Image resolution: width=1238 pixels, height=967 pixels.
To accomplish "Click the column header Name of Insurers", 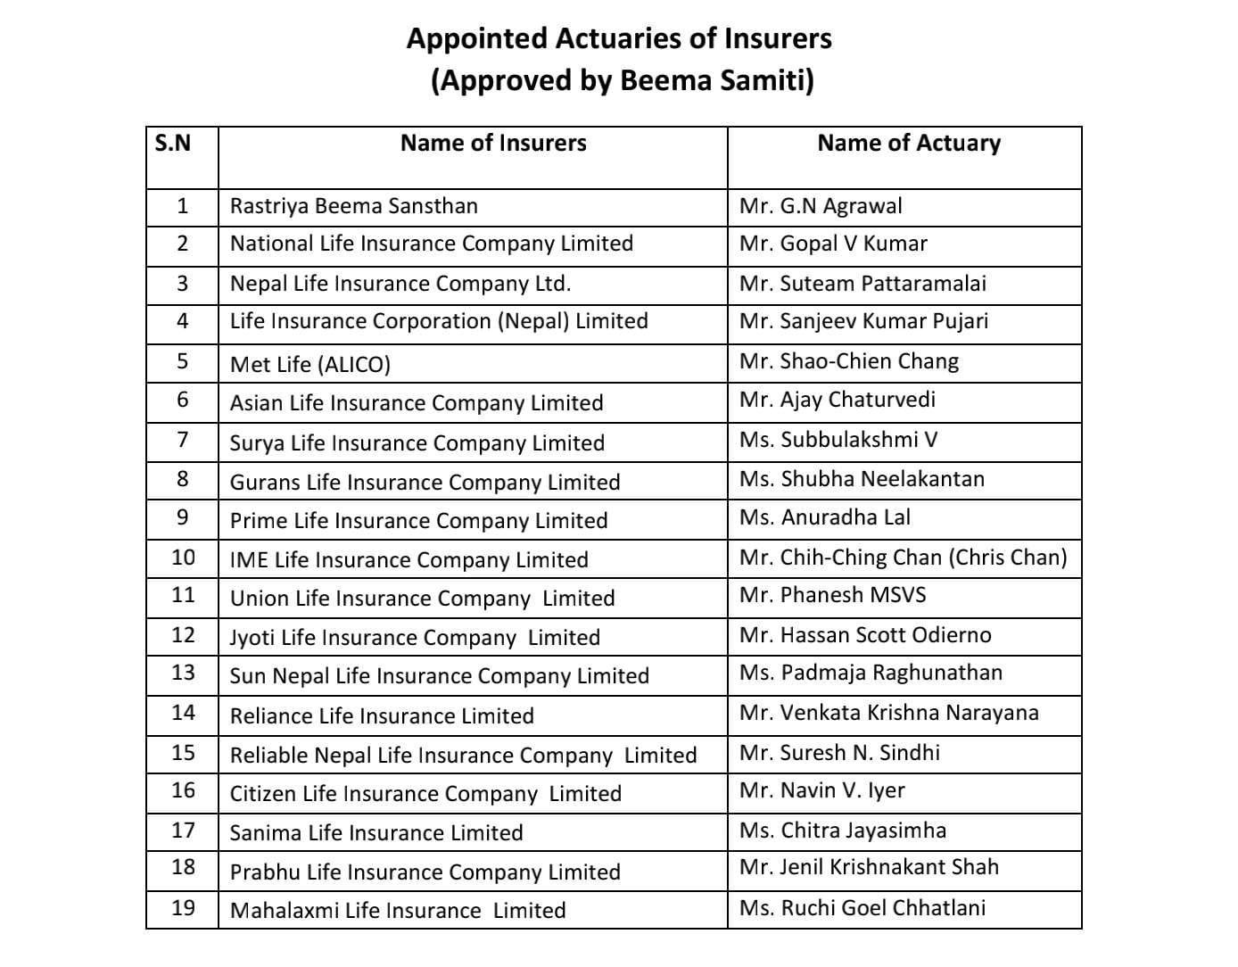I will (x=493, y=144).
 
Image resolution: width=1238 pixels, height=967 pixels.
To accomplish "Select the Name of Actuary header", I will (x=909, y=144).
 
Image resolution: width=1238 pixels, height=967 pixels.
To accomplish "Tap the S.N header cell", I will (x=173, y=143).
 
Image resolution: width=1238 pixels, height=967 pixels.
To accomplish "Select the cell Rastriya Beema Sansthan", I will (x=354, y=206).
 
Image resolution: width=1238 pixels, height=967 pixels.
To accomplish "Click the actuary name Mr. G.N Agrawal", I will (x=821, y=206).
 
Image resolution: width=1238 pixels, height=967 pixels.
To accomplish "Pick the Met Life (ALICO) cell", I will (x=310, y=364).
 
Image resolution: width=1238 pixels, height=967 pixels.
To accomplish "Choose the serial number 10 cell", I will (x=183, y=558).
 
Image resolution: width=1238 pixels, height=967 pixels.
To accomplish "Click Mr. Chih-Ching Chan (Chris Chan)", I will (x=903, y=558).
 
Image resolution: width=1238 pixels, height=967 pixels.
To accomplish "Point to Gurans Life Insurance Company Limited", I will (x=425, y=483).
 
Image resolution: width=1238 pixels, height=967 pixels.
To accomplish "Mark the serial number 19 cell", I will (x=183, y=908).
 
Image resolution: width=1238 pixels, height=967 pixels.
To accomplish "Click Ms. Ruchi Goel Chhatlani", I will (x=862, y=908).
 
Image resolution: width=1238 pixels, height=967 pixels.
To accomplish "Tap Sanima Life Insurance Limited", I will (x=376, y=833).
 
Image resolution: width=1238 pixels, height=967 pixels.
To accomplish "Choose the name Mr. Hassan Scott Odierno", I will (x=865, y=635).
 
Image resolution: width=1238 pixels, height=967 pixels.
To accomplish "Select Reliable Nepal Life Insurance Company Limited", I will (x=463, y=756).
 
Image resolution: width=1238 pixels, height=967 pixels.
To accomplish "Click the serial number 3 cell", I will (x=183, y=284).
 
